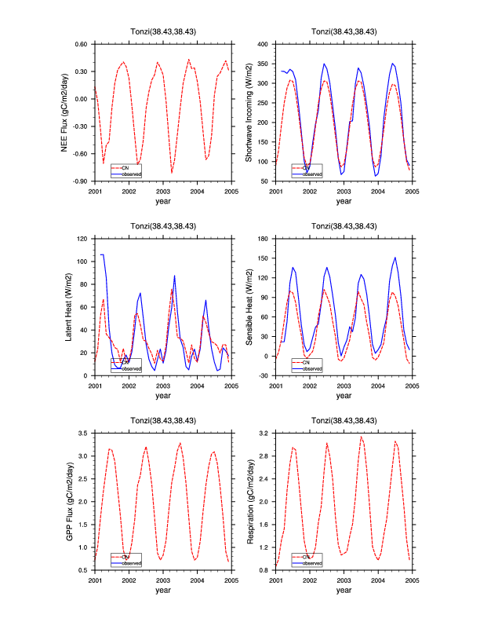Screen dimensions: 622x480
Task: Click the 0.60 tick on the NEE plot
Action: pos(81,44)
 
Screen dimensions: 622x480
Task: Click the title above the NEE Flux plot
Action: pos(162,31)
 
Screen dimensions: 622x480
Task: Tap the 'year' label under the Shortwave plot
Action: pos(344,201)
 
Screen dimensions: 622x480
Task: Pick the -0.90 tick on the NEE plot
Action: pos(80,181)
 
